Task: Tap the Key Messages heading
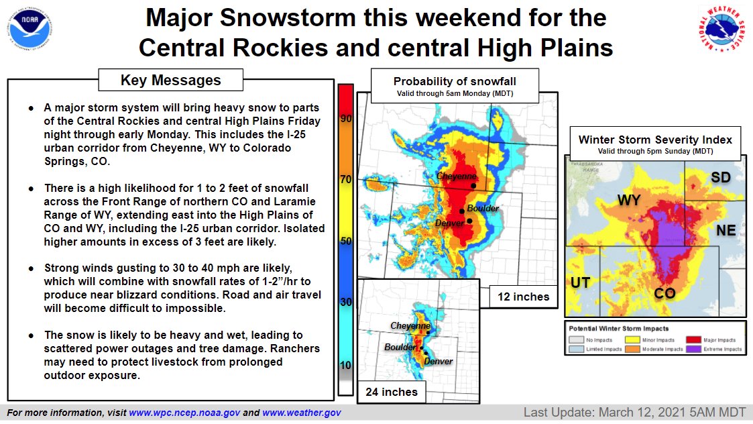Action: [x=170, y=81]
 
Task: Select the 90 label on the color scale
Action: [x=347, y=119]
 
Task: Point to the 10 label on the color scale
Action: [x=347, y=365]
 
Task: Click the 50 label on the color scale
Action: [x=347, y=240]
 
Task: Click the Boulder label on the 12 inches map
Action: [x=483, y=209]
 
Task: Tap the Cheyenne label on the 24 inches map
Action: [x=410, y=325]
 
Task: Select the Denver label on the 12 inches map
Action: [x=450, y=223]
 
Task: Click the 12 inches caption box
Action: [x=524, y=297]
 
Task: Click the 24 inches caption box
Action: [x=392, y=392]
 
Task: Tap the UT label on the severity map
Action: [x=580, y=282]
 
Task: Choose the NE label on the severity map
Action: [x=726, y=231]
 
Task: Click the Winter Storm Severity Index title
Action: [x=655, y=140]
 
